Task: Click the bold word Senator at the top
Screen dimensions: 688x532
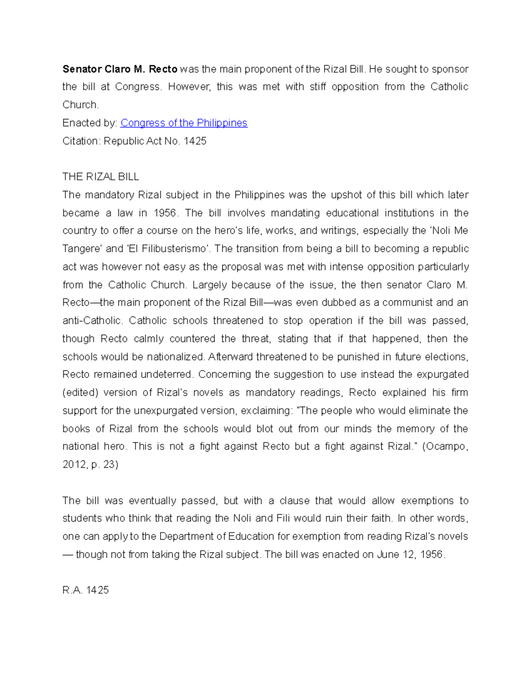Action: click(x=82, y=69)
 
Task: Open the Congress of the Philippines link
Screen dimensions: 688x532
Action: click(x=184, y=123)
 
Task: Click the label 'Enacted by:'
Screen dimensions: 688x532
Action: click(x=90, y=123)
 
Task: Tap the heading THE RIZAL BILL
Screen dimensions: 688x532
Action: click(x=101, y=177)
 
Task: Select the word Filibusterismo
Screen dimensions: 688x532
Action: click(x=168, y=249)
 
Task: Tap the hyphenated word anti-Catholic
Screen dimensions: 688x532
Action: click(x=92, y=321)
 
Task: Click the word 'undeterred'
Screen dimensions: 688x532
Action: click(x=167, y=374)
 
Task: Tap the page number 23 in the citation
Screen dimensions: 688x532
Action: click(x=109, y=465)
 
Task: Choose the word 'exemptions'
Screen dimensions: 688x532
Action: click(x=426, y=501)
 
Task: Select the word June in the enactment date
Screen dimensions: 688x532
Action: click(x=388, y=555)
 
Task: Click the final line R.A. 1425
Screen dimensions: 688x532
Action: click(x=86, y=591)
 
